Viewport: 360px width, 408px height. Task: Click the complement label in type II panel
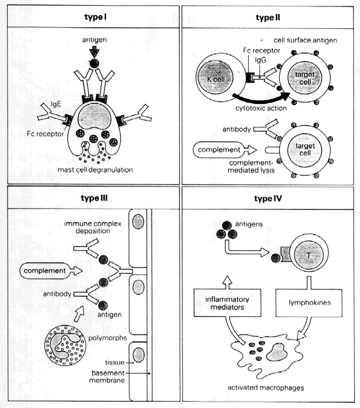pos(215,150)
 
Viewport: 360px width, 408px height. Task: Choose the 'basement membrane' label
pos(108,377)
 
